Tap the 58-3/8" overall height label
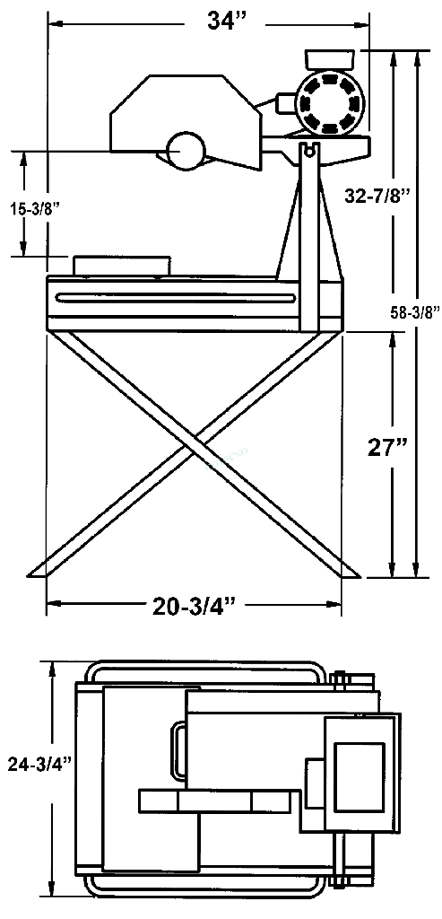pos(416,312)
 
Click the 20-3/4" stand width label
pos(192,607)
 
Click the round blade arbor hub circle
pos(184,150)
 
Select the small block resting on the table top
pos(120,265)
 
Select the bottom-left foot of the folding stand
pos(43,569)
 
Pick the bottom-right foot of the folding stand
pos(345,569)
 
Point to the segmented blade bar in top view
pos(214,801)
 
